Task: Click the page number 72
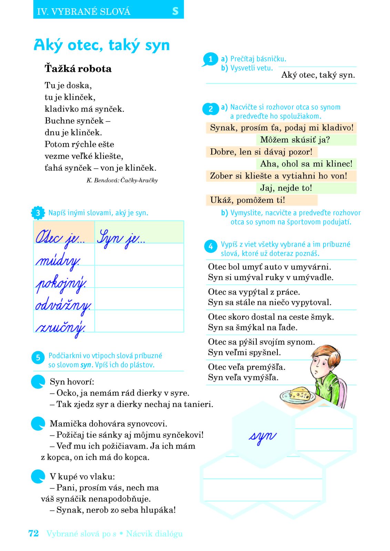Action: pyautogui.click(x=33, y=533)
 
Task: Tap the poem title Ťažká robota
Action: pyautogui.click(x=78, y=69)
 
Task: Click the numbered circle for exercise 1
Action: pyautogui.click(x=211, y=59)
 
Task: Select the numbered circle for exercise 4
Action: pyautogui.click(x=211, y=246)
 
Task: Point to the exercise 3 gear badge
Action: pyautogui.click(x=38, y=213)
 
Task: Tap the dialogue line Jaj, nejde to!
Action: pyautogui.click(x=286, y=188)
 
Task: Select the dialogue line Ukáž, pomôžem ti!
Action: pyautogui.click(x=247, y=200)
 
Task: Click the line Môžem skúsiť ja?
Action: pyautogui.click(x=295, y=140)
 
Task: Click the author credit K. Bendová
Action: pyautogui.click(x=122, y=180)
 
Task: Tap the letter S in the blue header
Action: pyautogui.click(x=175, y=11)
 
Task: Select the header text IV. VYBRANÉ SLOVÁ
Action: pyautogui.click(x=84, y=12)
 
